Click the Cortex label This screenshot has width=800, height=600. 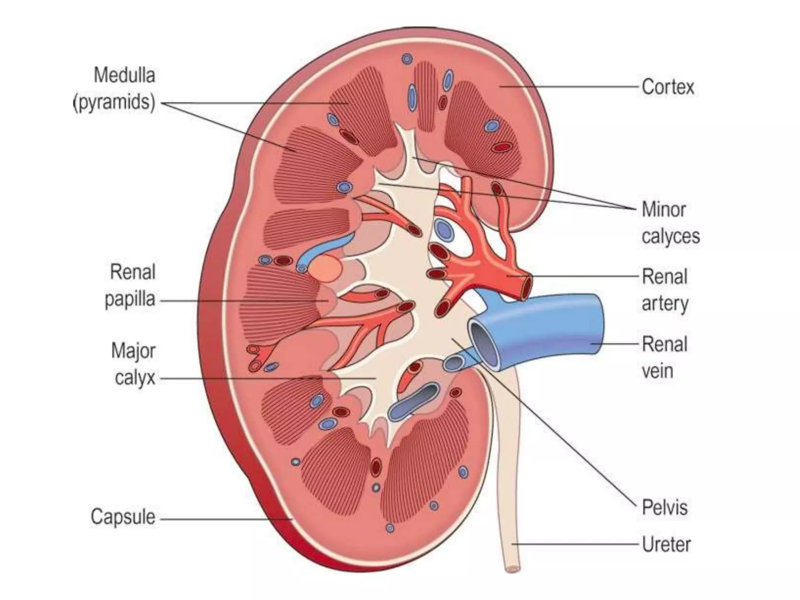[668, 87]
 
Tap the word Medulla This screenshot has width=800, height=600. [124, 75]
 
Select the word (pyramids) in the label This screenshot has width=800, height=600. [114, 102]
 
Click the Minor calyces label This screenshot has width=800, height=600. [670, 223]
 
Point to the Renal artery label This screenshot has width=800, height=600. [664, 290]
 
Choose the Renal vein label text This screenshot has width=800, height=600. [664, 357]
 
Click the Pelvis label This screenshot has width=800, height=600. [664, 507]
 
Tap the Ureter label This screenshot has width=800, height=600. [666, 544]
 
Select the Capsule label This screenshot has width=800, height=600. [123, 517]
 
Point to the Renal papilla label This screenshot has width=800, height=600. [130, 286]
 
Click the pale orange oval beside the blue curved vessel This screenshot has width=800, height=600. [325, 268]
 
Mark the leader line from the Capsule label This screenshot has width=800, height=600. [227, 519]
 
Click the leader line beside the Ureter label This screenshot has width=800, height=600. [574, 544]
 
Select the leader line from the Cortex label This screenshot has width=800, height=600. [570, 87]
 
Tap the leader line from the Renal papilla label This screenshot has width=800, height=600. [242, 301]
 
